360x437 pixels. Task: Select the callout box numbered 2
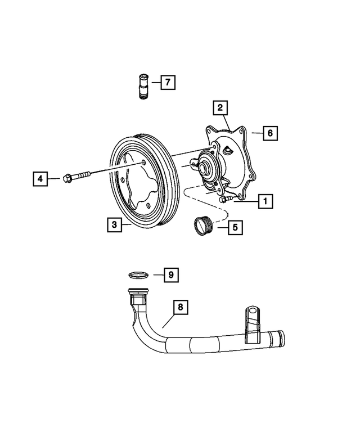[220, 107]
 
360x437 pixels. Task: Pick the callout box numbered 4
[39, 179]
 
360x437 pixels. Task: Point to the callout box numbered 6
[270, 133]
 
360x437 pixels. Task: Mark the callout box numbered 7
[167, 83]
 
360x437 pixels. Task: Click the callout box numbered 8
[180, 308]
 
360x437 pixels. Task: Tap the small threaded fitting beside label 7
[143, 86]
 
